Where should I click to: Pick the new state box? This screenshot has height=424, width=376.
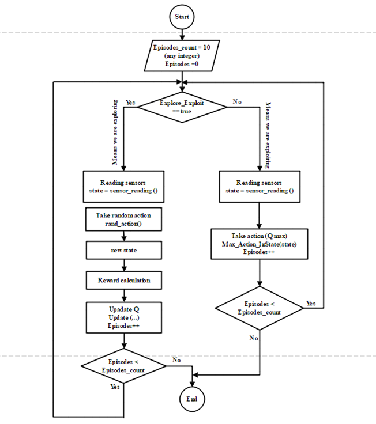pyautogui.click(x=124, y=251)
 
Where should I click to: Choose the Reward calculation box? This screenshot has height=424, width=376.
pyautogui.click(x=124, y=281)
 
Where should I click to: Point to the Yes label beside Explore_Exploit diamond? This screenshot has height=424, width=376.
pyautogui.click(x=130, y=102)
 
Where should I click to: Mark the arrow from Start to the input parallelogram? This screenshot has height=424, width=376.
pyautogui.click(x=182, y=34)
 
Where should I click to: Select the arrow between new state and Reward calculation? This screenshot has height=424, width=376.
pyautogui.click(x=124, y=266)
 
